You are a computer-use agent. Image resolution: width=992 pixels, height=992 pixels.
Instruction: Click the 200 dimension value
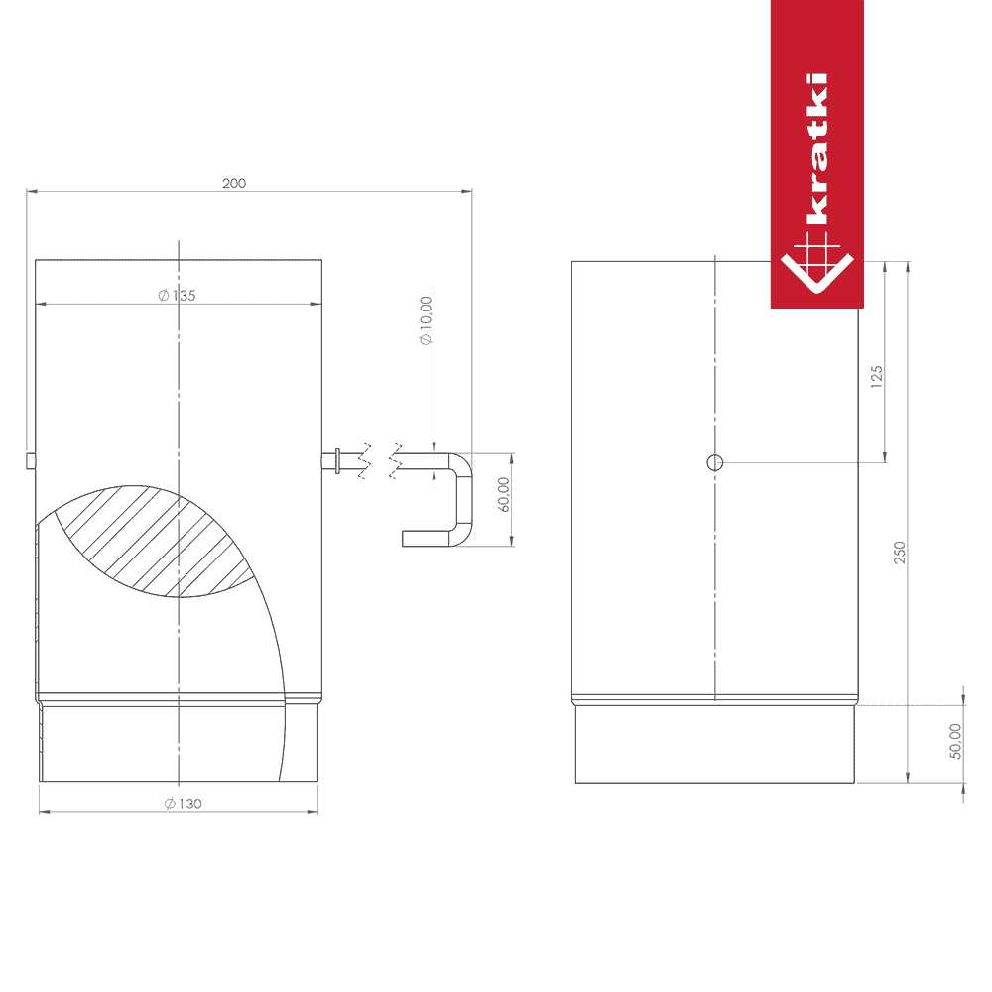point(234,184)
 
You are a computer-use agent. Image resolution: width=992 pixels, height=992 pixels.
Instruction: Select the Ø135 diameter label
point(178,295)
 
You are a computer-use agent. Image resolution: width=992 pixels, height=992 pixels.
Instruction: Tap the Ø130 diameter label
point(184,804)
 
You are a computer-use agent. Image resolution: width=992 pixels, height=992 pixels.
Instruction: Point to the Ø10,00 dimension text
point(426,320)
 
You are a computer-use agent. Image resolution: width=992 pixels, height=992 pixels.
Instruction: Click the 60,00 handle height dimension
point(504,494)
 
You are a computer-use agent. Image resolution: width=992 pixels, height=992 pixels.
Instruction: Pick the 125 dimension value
point(876,376)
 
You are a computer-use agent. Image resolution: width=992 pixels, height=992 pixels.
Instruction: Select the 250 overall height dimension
point(900,553)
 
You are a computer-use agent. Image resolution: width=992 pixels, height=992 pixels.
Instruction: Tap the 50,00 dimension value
point(955,741)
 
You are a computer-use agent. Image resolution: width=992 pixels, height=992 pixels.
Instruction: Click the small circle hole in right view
point(715,462)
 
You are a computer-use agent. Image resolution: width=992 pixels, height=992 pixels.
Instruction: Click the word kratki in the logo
point(816,150)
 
